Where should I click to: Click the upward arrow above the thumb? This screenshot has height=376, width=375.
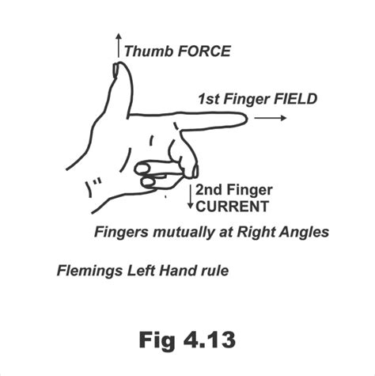point(119,45)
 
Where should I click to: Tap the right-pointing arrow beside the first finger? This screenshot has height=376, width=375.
point(271,118)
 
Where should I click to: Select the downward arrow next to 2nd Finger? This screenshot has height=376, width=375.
point(191,196)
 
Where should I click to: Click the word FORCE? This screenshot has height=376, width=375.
point(204,51)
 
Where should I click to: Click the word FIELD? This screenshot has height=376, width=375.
point(295,99)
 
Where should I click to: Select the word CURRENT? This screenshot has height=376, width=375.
point(232,207)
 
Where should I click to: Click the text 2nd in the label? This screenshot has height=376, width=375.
point(209,190)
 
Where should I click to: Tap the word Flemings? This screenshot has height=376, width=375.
point(89,271)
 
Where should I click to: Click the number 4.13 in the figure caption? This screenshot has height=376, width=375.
point(210,340)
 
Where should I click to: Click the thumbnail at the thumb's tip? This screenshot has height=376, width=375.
point(116,70)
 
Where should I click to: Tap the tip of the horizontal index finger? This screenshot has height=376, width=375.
point(248,120)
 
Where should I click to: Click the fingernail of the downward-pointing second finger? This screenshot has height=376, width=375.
point(195,171)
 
